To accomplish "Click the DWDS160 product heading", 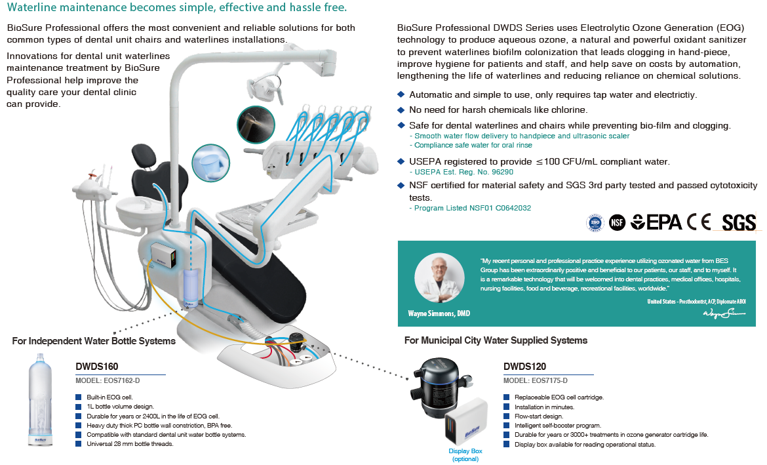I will point(97,367).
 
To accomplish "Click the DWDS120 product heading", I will point(524,367).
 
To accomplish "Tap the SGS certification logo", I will point(739,223).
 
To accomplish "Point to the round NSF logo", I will point(616,223).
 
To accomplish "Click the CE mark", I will point(698,222).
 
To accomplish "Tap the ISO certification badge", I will point(595,223).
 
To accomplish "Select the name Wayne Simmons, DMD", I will point(439,313).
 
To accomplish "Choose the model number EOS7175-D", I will point(535,381).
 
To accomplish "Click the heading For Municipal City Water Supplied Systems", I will point(496,340).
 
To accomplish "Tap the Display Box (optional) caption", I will point(465,455).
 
